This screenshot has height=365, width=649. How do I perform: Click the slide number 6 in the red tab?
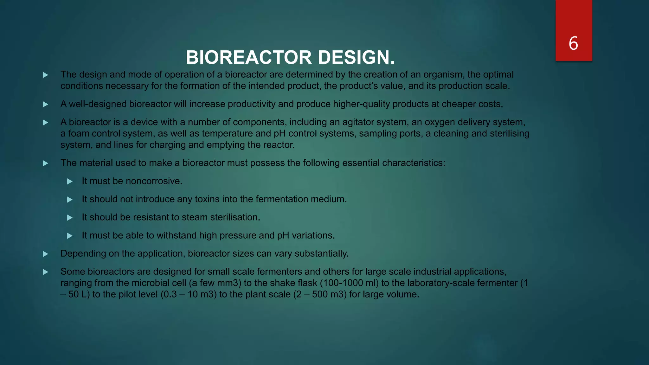click(573, 43)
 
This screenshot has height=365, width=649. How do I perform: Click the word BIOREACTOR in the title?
click(249, 58)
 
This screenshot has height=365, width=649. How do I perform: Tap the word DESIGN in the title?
click(357, 58)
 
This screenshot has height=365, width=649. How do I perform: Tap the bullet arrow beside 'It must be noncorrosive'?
click(70, 182)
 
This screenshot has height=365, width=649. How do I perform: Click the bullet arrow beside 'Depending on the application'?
click(45, 254)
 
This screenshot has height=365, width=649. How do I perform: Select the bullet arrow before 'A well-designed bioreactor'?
click(45, 105)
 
